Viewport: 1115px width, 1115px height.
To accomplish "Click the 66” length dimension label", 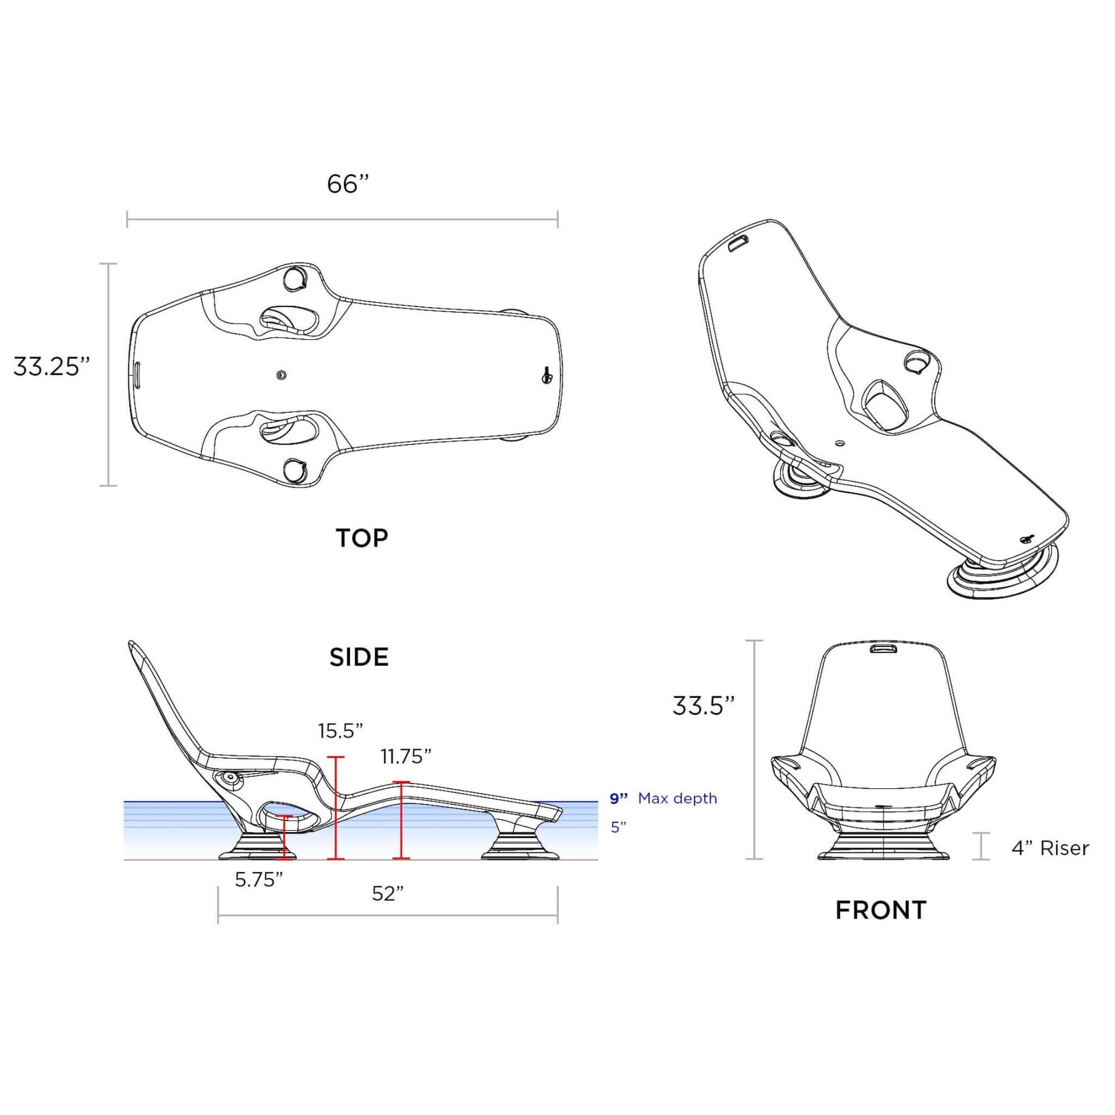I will pos(347,184).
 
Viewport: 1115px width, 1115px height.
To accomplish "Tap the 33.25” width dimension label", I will pos(52,367).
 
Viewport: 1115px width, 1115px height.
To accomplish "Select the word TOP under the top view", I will pos(362,538).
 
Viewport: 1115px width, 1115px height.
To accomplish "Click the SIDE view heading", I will pos(359,657).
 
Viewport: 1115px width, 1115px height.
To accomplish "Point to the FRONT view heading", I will pos(881,910).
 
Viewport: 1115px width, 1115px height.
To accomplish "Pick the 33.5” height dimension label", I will pos(704,705).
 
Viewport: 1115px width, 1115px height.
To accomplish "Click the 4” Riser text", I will pos(1050,848).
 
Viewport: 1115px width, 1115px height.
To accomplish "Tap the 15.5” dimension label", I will pos(340,731).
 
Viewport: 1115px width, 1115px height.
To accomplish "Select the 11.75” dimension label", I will pos(406,756).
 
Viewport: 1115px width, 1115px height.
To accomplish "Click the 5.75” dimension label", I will pos(258,880).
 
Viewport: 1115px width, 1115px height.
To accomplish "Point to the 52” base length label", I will pos(387,893).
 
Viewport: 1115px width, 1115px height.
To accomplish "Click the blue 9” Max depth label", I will pos(663,799).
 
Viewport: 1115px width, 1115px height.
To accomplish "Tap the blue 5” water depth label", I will pos(618,827).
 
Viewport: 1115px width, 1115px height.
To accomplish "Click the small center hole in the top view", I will pos(281,375).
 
